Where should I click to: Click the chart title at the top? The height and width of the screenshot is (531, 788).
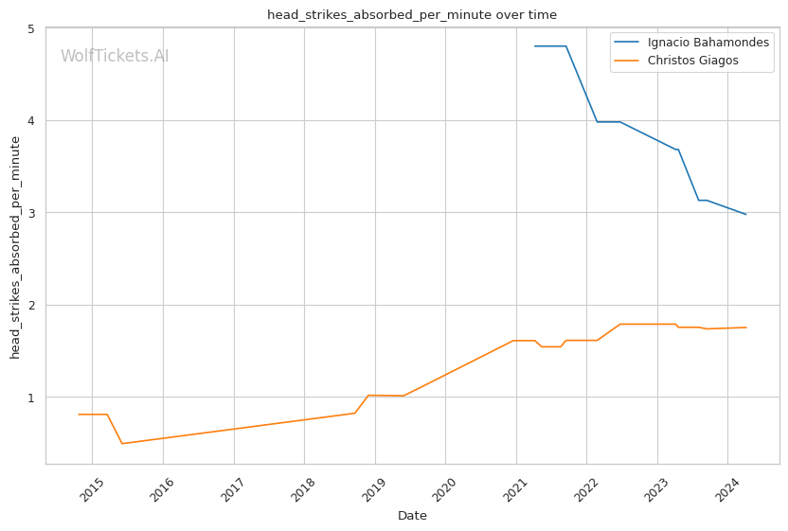click(x=411, y=14)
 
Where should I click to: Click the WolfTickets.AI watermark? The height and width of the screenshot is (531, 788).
click(x=115, y=56)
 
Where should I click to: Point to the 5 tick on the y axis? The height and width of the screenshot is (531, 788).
click(x=30, y=28)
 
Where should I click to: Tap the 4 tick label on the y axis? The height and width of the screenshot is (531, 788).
click(x=30, y=120)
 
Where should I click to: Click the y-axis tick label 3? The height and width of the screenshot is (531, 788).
click(x=30, y=212)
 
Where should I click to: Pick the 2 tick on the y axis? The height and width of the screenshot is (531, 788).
click(x=30, y=305)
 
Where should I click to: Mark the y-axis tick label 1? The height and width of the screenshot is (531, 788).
click(x=30, y=397)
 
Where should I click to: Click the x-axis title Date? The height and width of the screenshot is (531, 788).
click(x=412, y=516)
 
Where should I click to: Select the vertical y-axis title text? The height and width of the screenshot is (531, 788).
click(x=15, y=246)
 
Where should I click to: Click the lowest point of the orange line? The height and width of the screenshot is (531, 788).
click(x=121, y=443)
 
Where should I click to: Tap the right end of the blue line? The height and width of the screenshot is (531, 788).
click(x=746, y=214)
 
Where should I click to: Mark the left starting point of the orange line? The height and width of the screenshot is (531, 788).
click(x=79, y=414)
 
